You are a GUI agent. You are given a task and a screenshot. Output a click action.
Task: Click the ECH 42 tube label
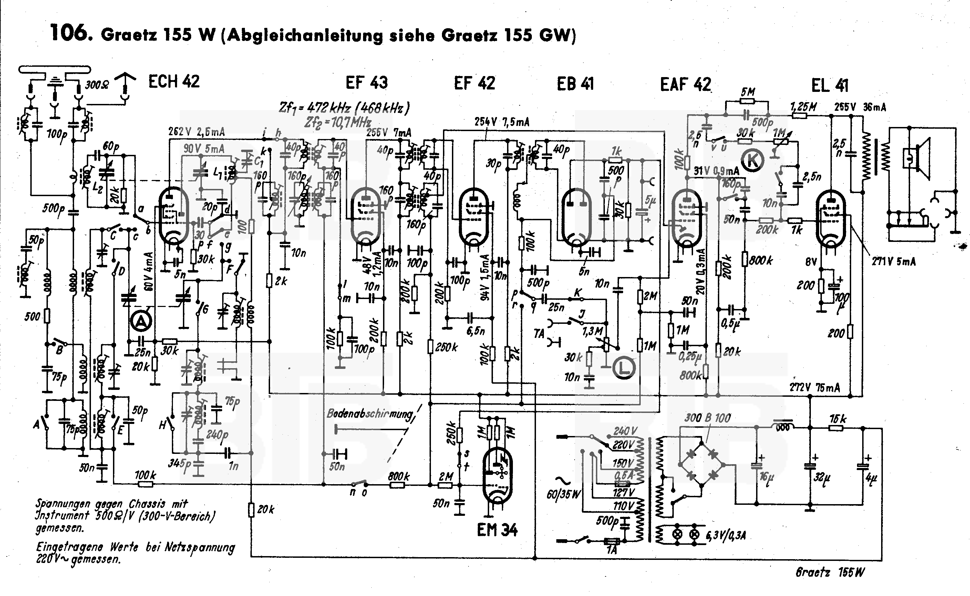[x=174, y=82]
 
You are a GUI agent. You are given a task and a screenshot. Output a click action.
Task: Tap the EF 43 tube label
[x=367, y=83]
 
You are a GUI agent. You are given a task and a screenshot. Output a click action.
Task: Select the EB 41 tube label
[x=575, y=84]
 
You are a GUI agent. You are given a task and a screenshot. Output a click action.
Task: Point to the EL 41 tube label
[x=829, y=85]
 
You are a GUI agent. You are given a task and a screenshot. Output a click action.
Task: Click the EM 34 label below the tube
[x=497, y=530]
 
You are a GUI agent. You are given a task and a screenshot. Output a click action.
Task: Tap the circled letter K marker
[x=752, y=160]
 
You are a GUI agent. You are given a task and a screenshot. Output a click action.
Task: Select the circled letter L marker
[x=624, y=368]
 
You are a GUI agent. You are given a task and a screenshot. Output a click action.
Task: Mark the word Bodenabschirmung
[x=370, y=414]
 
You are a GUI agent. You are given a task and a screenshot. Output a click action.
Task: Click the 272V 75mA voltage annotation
[x=814, y=388]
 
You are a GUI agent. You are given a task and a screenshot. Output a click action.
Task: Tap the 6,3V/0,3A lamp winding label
[x=728, y=535]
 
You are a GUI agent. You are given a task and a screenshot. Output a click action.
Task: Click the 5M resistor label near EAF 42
[x=748, y=92]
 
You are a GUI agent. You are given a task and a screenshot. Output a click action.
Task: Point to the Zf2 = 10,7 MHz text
[x=337, y=122]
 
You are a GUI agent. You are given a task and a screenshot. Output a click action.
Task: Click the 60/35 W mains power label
[x=563, y=494]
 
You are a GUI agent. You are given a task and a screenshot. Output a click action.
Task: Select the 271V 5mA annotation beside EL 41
[x=894, y=261]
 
